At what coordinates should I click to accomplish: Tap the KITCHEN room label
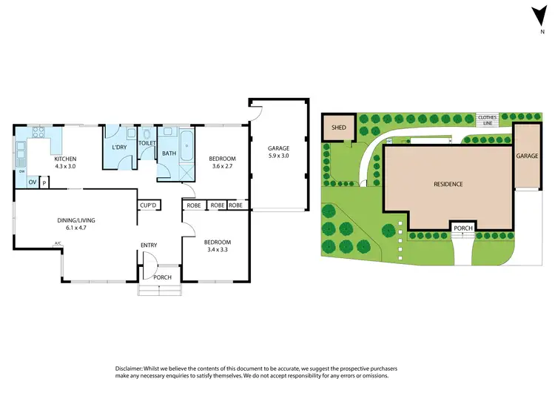pyautogui.click(x=64, y=159)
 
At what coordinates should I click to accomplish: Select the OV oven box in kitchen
pyautogui.click(x=33, y=182)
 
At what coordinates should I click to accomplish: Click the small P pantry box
pyautogui.click(x=44, y=182)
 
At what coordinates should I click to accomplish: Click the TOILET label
pyautogui.click(x=147, y=142)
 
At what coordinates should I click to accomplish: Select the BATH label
pyautogui.click(x=169, y=153)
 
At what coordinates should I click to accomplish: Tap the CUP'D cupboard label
pyautogui.click(x=147, y=205)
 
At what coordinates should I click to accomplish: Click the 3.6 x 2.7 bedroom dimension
pyautogui.click(x=221, y=167)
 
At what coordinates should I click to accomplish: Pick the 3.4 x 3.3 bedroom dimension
pyautogui.click(x=217, y=251)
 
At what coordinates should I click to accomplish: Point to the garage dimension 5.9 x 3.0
pyautogui.click(x=279, y=156)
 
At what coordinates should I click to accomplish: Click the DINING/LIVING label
pyautogui.click(x=76, y=220)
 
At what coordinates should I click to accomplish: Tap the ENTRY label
pyautogui.click(x=149, y=245)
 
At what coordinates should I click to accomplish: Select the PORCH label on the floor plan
pyautogui.click(x=162, y=277)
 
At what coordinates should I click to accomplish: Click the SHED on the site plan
pyautogui.click(x=339, y=128)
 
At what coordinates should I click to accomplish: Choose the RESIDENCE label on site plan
pyautogui.click(x=448, y=184)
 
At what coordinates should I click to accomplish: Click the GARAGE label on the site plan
pyautogui.click(x=526, y=156)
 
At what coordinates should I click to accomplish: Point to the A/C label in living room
pyautogui.click(x=57, y=243)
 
